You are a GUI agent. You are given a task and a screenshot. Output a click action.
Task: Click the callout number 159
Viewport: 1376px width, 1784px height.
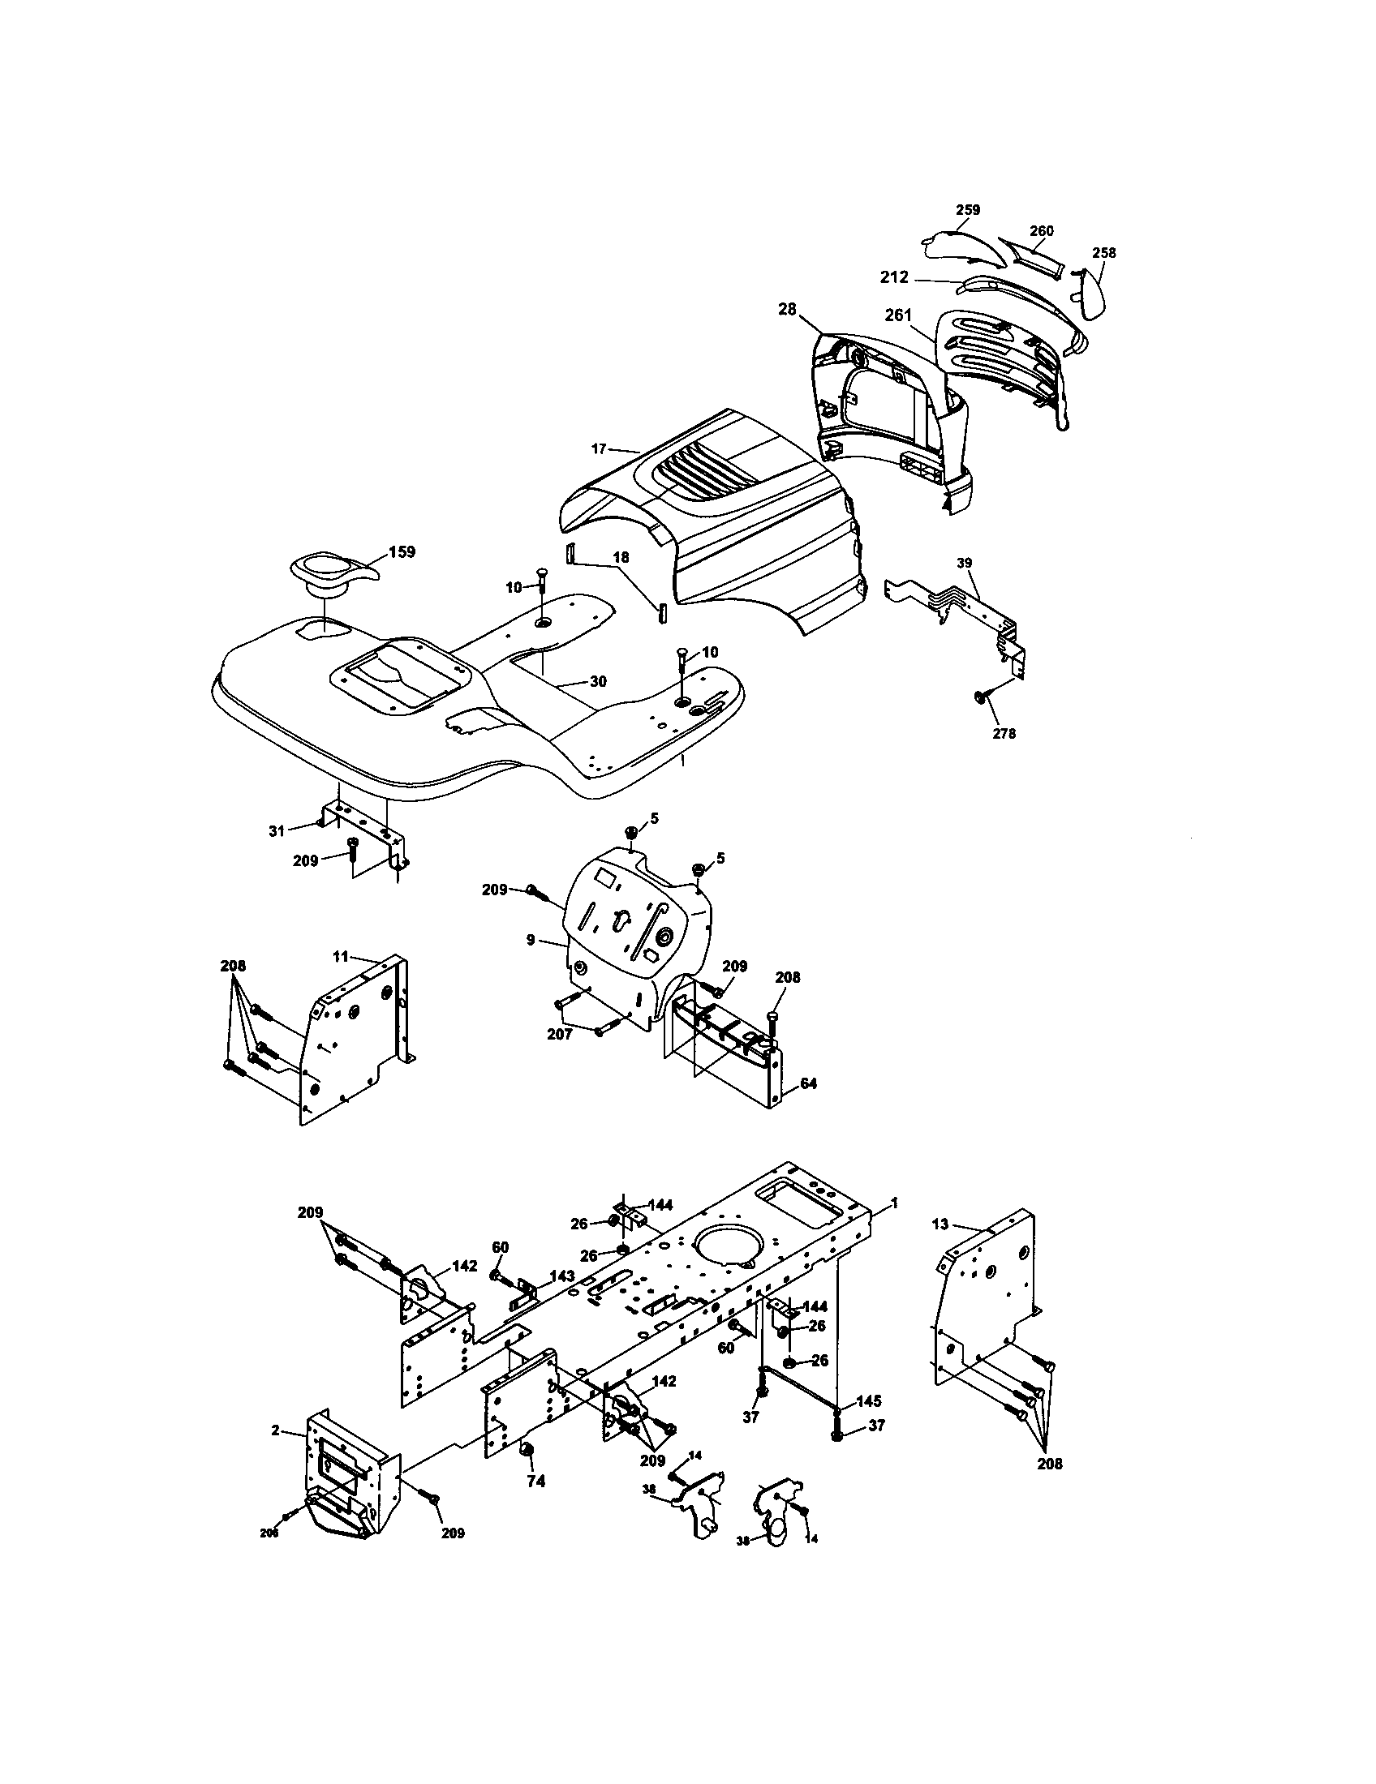click(401, 551)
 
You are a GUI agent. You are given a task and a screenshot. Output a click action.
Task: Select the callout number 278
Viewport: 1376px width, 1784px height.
click(1004, 734)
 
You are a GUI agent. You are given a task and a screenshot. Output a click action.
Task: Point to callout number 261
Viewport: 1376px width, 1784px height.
click(898, 315)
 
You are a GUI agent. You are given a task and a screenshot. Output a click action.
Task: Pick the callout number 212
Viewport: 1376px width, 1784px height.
click(894, 277)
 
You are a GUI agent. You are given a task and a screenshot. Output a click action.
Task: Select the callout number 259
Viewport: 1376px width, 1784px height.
click(967, 210)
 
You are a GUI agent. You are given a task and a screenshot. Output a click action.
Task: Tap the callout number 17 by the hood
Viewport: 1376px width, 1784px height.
click(599, 448)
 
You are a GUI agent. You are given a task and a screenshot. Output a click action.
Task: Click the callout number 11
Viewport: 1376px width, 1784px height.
click(340, 955)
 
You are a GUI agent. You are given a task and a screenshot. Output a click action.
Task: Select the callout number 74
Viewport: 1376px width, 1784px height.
click(535, 1481)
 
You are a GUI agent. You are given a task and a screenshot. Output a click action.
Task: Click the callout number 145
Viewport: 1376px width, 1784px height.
click(870, 1401)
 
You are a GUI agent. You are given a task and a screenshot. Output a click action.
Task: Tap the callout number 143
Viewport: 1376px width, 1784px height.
click(561, 1276)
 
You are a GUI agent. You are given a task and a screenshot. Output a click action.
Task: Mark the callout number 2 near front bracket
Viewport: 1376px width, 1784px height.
click(275, 1430)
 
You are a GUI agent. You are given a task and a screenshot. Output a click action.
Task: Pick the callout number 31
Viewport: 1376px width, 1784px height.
click(277, 830)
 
